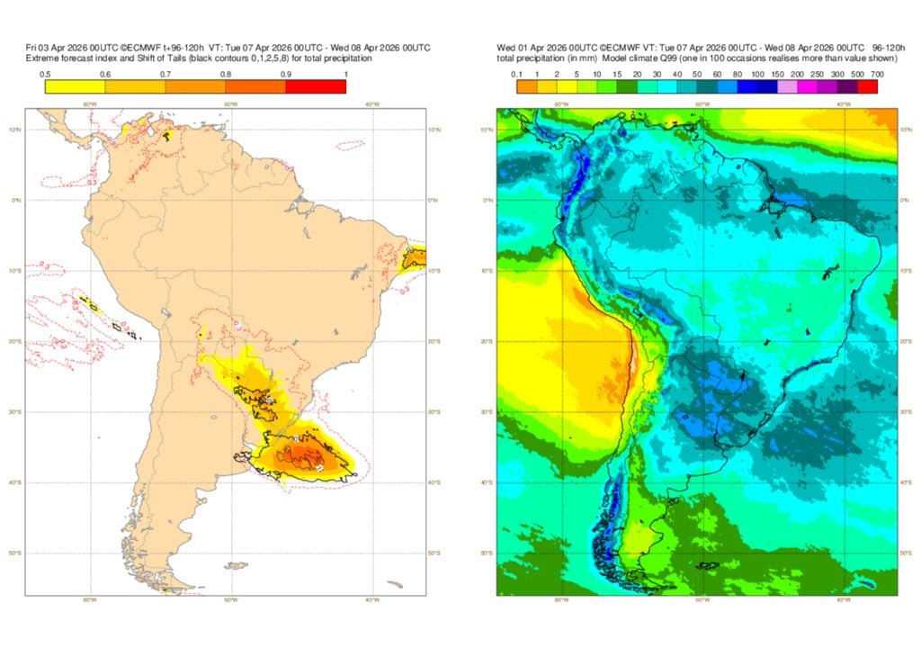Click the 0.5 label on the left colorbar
coord(45,74)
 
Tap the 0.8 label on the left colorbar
coord(226,74)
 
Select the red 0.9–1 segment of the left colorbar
coord(316,86)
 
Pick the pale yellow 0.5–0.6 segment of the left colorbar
coord(75,86)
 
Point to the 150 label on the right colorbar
coord(774,74)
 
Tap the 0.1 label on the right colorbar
coord(517,74)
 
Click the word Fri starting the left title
coord(31,48)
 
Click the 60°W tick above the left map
coord(230,104)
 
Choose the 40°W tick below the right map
coord(844,599)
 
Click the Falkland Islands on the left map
coord(238,565)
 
